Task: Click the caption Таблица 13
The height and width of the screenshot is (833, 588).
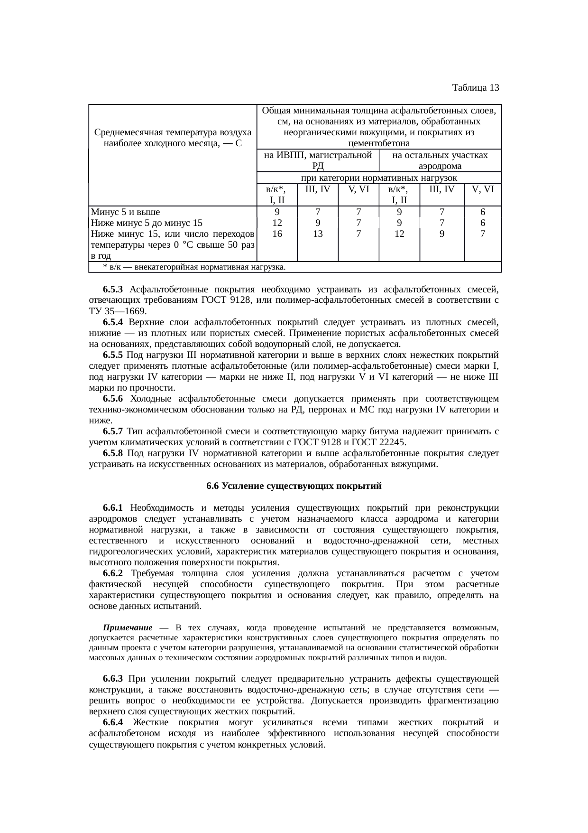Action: (x=475, y=88)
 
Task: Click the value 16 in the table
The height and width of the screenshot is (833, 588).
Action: (x=277, y=234)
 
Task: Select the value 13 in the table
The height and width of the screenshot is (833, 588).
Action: (x=318, y=234)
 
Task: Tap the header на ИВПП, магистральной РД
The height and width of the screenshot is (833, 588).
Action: (x=318, y=160)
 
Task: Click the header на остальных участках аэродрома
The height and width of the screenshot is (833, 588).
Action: (x=440, y=160)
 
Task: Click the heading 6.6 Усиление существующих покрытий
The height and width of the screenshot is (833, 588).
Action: (x=294, y=487)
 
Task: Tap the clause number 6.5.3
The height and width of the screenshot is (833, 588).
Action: (x=113, y=289)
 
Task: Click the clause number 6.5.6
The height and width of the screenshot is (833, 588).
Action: (x=113, y=398)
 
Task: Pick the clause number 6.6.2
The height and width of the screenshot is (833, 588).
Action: (x=113, y=573)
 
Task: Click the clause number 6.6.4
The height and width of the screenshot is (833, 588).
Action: (x=113, y=722)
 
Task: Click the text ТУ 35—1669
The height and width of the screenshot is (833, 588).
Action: (x=117, y=311)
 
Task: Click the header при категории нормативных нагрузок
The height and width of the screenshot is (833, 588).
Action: (x=379, y=178)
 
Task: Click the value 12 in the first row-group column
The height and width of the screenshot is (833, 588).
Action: (x=277, y=223)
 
